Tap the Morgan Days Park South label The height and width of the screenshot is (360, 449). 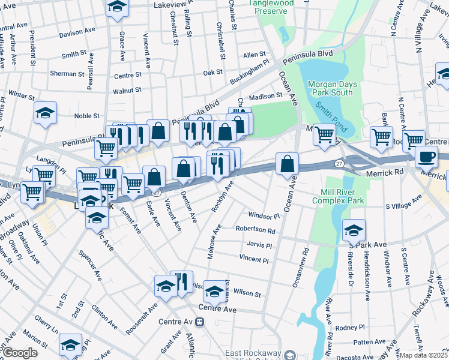click(x=330, y=88)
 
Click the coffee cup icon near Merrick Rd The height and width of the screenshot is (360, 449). click(x=426, y=156)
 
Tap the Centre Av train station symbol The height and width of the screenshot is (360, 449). click(x=200, y=322)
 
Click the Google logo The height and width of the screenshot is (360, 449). click(x=20, y=352)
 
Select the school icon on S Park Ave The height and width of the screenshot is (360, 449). click(x=354, y=230)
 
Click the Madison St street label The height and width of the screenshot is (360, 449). click(x=265, y=96)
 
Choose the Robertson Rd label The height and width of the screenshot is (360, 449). click(x=255, y=230)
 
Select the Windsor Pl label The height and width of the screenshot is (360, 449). click(x=264, y=215)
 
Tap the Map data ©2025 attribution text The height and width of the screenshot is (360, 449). click(x=423, y=355)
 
